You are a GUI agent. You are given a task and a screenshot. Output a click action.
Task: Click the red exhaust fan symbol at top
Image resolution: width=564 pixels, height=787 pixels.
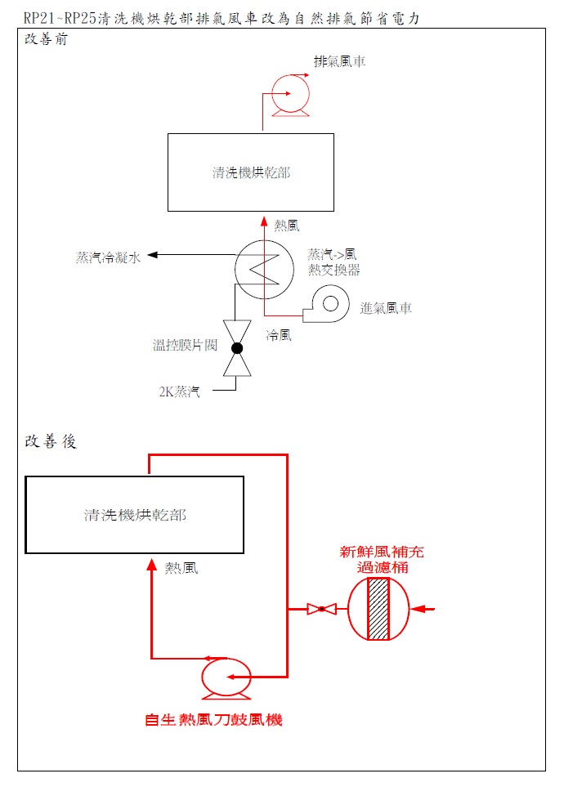coord(290,94)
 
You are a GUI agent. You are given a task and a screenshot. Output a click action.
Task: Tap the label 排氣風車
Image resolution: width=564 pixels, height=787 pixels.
coord(339,62)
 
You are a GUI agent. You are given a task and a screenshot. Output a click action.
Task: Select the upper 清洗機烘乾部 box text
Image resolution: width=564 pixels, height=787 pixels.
coord(251,172)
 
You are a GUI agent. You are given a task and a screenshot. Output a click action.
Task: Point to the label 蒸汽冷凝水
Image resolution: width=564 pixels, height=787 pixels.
coord(108,257)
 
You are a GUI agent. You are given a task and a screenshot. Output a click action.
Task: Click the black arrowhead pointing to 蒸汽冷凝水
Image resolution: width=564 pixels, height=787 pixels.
coord(152,255)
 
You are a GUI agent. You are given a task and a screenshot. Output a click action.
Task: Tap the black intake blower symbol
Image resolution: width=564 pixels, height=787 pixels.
coord(326,304)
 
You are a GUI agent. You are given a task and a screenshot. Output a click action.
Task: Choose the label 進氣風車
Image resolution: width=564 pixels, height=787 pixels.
coord(386,308)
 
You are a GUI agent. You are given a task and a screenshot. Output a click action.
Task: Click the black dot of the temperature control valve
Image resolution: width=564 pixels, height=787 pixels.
coord(237,348)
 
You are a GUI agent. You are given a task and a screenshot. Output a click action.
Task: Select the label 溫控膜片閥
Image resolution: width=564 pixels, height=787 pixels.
coord(186,345)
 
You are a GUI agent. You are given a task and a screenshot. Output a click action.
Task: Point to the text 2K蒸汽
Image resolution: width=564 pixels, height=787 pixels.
coord(179,391)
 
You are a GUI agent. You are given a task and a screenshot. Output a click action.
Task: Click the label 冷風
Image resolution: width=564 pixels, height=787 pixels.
coord(279,335)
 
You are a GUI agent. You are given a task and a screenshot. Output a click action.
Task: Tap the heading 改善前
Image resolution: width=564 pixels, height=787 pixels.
coord(46,39)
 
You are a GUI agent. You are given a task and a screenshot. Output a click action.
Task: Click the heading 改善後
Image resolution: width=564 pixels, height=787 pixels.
coord(50,441)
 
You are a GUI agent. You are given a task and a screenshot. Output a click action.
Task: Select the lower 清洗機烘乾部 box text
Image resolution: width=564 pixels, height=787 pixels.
coord(135,515)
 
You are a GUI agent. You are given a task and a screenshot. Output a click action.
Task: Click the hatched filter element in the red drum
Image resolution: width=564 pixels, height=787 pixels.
coord(378,609)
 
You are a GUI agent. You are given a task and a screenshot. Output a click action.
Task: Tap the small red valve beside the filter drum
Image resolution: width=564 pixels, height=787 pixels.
coord(321,609)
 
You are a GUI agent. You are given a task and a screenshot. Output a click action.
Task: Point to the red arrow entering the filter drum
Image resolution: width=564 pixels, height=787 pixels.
coord(423,609)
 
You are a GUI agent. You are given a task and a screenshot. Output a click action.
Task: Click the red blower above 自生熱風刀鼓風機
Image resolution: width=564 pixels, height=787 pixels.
coord(226,677)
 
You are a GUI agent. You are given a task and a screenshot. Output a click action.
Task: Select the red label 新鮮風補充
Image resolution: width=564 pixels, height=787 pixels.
coord(382,552)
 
